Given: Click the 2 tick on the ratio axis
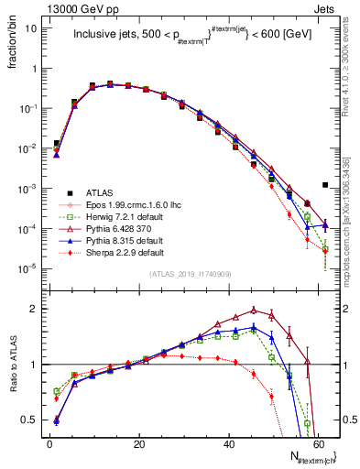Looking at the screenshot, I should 37,309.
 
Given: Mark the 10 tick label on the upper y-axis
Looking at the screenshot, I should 32,27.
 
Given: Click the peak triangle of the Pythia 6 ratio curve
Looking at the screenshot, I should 254,310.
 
